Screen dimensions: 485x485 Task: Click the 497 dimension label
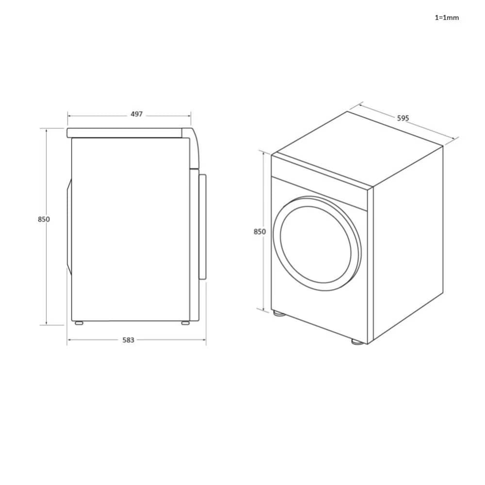pos(137,114)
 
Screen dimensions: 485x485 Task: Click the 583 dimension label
pos(128,340)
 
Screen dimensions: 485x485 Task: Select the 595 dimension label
pos(403,118)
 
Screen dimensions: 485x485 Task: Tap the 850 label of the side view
pos(44,219)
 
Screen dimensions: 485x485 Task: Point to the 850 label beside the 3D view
pos(260,232)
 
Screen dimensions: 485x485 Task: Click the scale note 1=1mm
pos(446,18)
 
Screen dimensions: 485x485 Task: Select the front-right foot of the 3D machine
pos(357,341)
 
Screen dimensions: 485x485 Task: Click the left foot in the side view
pos(78,323)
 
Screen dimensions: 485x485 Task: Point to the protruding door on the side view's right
pos(202,226)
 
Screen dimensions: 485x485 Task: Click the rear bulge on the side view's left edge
pos(69,227)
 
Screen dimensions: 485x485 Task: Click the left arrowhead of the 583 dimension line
pos(69,340)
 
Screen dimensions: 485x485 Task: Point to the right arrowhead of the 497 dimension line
pos(189,116)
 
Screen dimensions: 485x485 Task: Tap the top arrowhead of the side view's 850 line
pos(47,130)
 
